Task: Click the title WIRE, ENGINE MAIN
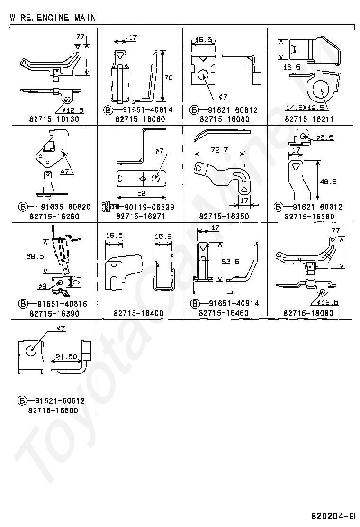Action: (x=52, y=18)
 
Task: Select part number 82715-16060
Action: (x=140, y=119)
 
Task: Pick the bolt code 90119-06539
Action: (x=143, y=207)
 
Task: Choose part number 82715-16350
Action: (x=225, y=217)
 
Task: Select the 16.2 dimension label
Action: (x=163, y=235)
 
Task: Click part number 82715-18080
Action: (x=309, y=313)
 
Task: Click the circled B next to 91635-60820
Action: (x=22, y=207)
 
